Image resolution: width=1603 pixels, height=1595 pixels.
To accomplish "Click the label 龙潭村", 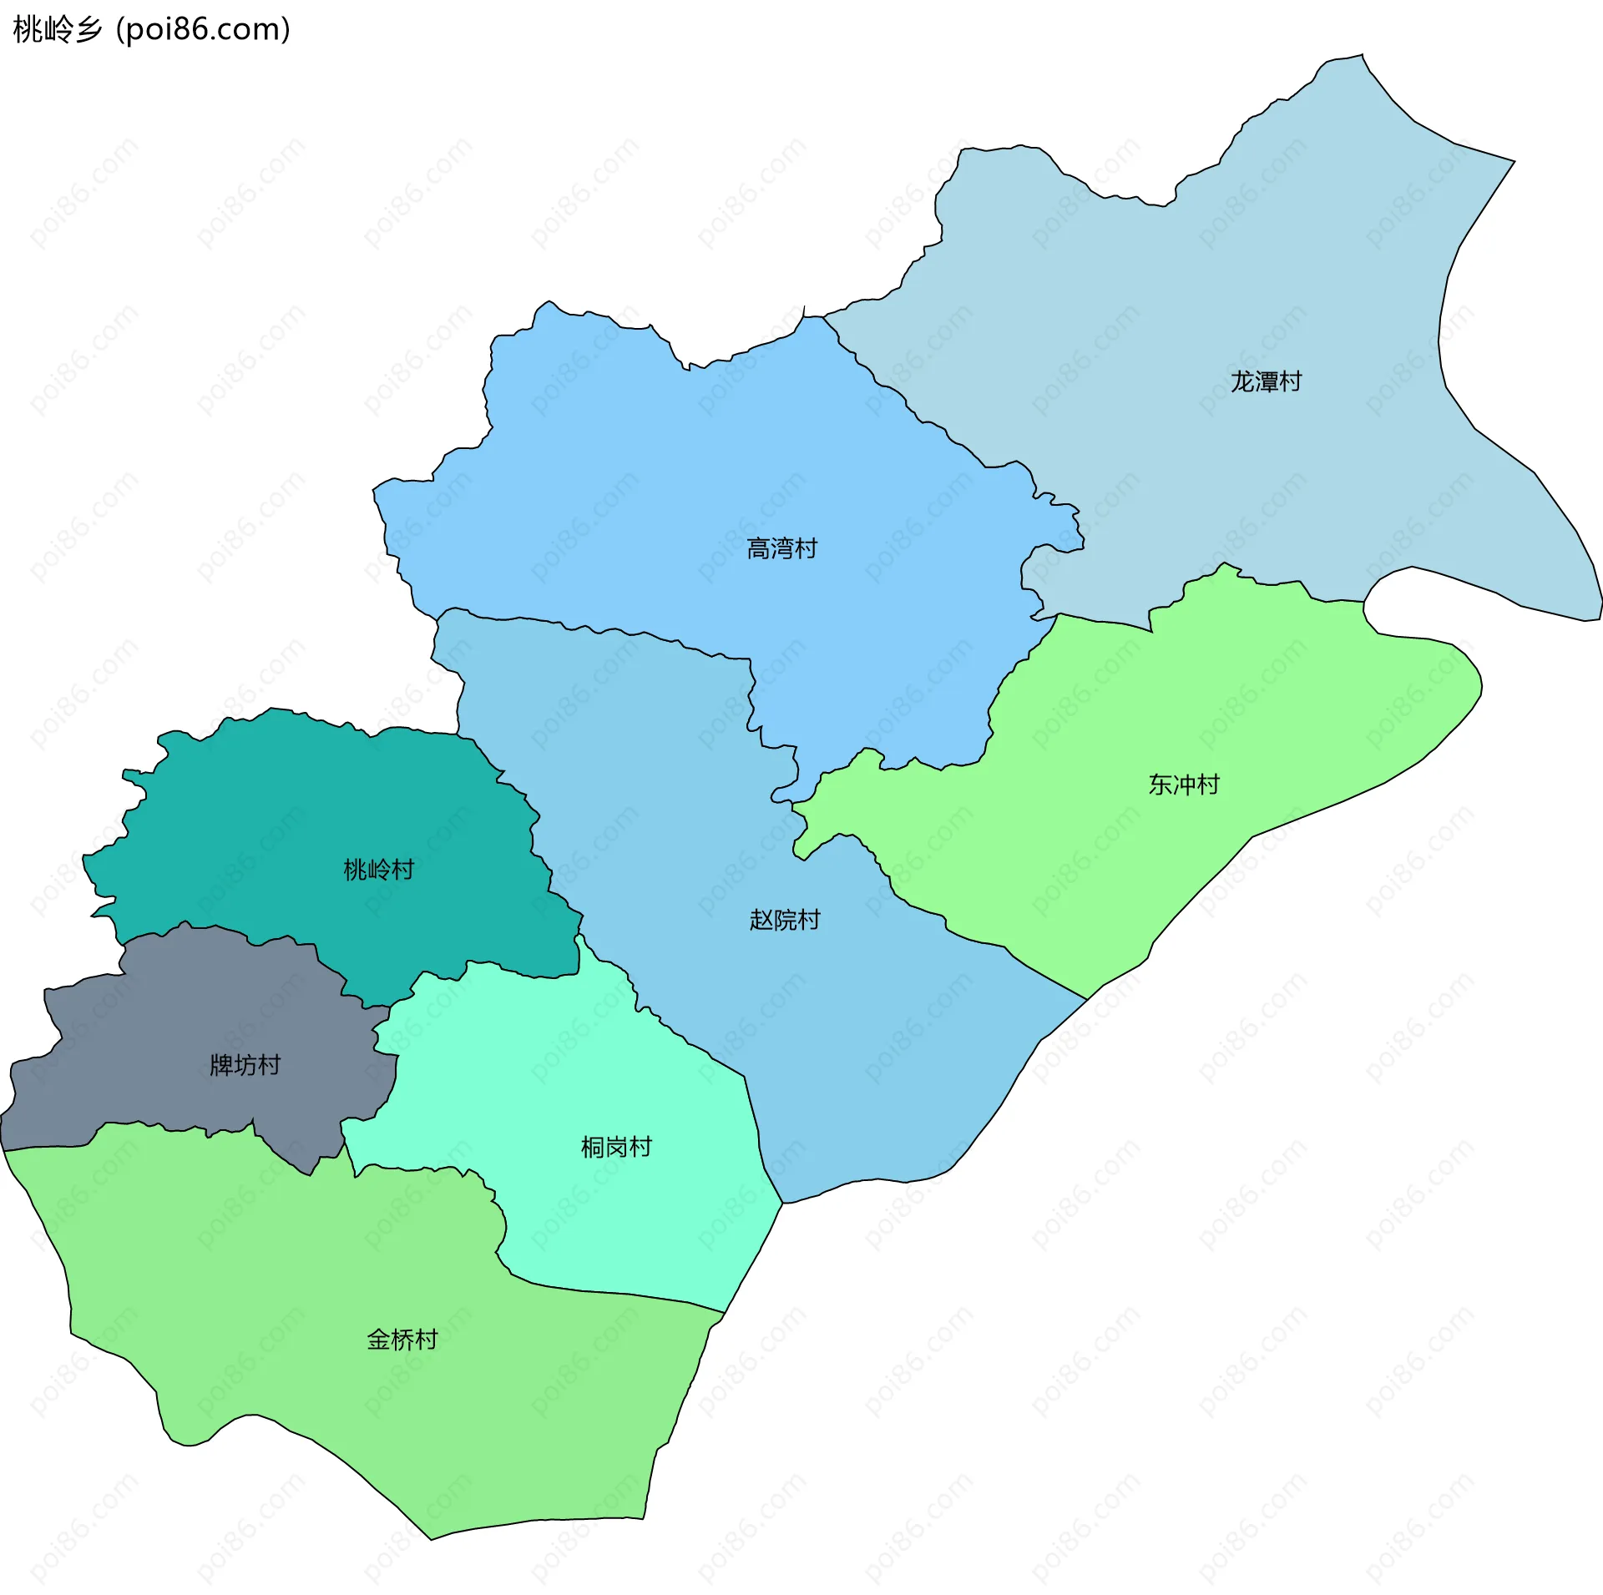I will tap(1266, 381).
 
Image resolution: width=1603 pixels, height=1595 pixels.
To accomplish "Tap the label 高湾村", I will tap(781, 548).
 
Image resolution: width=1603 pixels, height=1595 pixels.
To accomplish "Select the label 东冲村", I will tap(1183, 785).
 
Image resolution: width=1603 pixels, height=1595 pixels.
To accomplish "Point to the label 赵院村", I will tap(785, 920).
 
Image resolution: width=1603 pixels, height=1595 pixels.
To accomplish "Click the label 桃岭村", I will tap(378, 870).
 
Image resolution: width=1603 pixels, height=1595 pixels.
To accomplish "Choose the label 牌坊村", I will tap(245, 1065).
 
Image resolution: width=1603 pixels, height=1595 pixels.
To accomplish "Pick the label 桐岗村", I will tap(616, 1147).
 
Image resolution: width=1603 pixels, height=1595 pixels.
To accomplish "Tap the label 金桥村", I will tap(402, 1340).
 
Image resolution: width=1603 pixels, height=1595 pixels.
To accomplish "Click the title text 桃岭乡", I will tap(57, 29).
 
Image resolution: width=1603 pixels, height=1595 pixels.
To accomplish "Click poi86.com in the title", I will tap(203, 29).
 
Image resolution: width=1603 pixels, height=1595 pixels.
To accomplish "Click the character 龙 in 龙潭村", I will tap(1242, 381).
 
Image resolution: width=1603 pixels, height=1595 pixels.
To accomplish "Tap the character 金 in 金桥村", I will tap(378, 1340).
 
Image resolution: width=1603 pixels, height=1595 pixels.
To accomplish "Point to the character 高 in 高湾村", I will tap(758, 548).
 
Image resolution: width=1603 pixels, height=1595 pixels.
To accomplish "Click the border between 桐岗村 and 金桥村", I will tap(618, 1293).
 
